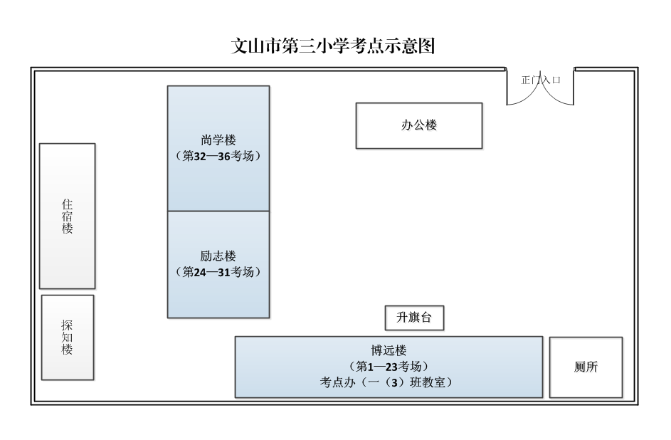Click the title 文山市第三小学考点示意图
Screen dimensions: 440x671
click(334, 46)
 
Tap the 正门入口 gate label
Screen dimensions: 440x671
click(541, 80)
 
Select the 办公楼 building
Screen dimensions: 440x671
click(418, 125)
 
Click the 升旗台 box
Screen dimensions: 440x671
click(413, 318)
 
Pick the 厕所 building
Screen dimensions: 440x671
click(586, 367)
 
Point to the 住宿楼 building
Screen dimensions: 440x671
click(67, 216)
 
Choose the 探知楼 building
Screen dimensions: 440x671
click(68, 337)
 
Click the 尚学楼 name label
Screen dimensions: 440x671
click(218, 140)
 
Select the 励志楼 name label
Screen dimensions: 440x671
click(218, 256)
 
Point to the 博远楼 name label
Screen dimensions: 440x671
click(388, 350)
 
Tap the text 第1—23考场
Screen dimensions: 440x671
click(388, 366)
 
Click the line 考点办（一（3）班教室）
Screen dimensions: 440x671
click(388, 382)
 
